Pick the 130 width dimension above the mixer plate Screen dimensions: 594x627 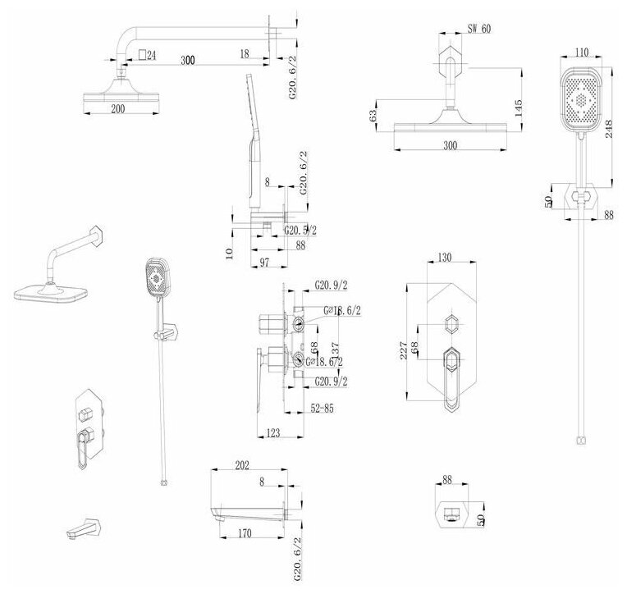point(444,258)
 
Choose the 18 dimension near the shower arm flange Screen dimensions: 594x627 point(245,53)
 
